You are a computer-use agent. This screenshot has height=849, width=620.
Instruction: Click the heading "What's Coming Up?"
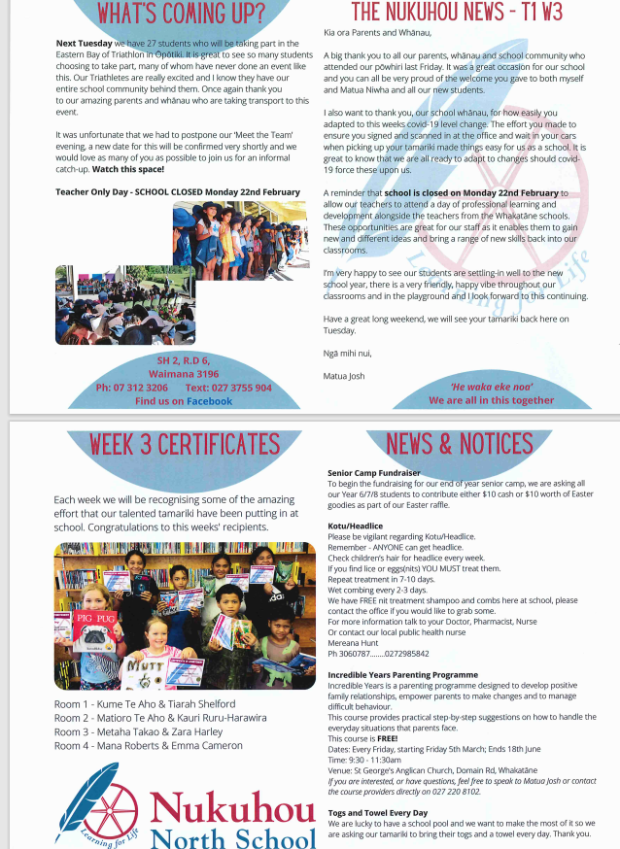[183, 14]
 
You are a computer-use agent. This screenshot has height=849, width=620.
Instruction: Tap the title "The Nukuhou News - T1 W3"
[457, 13]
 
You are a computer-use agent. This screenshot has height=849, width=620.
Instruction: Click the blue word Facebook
[210, 400]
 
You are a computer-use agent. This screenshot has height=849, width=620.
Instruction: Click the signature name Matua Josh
[344, 374]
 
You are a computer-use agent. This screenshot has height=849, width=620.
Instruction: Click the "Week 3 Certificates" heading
[185, 445]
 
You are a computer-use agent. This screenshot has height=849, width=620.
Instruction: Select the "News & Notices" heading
[459, 443]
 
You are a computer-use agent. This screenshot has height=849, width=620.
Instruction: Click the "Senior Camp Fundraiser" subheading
[373, 473]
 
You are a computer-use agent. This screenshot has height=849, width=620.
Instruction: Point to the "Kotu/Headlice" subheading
[356, 526]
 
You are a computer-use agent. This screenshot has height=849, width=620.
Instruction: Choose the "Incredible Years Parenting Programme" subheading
[402, 673]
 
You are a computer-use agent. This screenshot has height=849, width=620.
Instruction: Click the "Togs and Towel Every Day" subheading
[377, 812]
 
